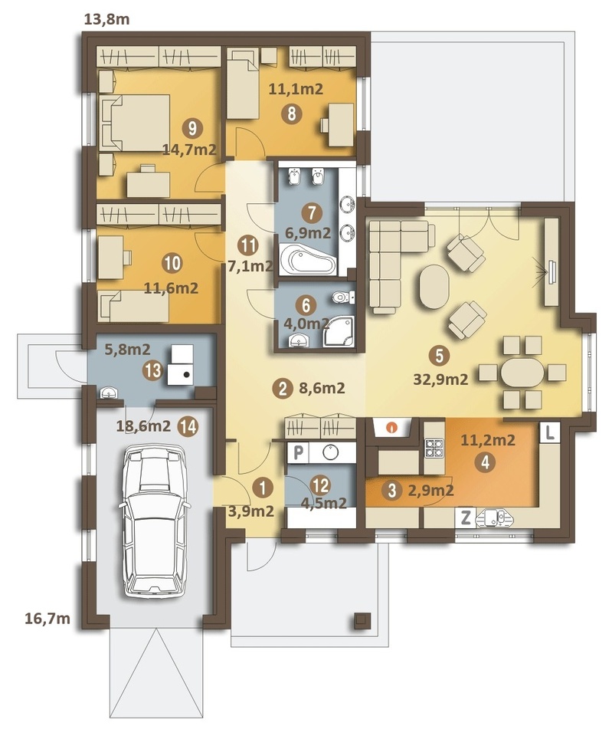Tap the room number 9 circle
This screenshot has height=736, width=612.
click(x=193, y=128)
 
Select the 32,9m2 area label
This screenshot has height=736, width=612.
click(x=440, y=379)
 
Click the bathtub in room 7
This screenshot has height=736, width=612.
click(x=308, y=258)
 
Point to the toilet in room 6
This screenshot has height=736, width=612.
click(x=343, y=297)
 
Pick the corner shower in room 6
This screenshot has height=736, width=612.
click(x=339, y=331)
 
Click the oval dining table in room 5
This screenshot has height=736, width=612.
click(x=522, y=373)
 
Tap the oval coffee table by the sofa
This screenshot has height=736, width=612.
click(x=434, y=286)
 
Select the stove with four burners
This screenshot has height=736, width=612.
click(x=434, y=447)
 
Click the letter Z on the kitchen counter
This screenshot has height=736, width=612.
click(x=466, y=517)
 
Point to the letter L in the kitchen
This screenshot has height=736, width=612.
click(x=550, y=432)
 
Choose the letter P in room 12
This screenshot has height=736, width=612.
click(x=298, y=453)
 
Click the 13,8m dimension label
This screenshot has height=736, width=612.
click(x=106, y=20)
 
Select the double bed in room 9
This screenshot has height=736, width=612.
click(x=134, y=123)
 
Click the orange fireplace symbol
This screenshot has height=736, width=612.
click(x=391, y=428)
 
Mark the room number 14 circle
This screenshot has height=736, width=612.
click(x=188, y=426)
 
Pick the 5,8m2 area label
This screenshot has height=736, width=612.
click(x=127, y=350)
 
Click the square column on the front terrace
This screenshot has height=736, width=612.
click(x=362, y=620)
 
